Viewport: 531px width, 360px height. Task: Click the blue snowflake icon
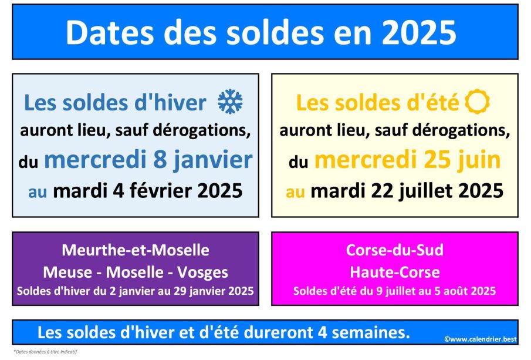click(230, 102)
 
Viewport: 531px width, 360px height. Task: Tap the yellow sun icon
click(477, 102)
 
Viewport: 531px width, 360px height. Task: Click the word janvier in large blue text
click(213, 160)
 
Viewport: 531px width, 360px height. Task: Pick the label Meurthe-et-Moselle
click(136, 250)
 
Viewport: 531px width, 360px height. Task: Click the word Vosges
click(202, 272)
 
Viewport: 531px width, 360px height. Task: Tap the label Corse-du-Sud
click(395, 250)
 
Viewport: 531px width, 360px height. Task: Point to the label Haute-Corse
click(395, 272)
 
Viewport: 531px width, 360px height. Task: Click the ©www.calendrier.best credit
click(481, 339)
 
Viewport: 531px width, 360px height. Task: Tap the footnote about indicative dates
click(45, 352)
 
